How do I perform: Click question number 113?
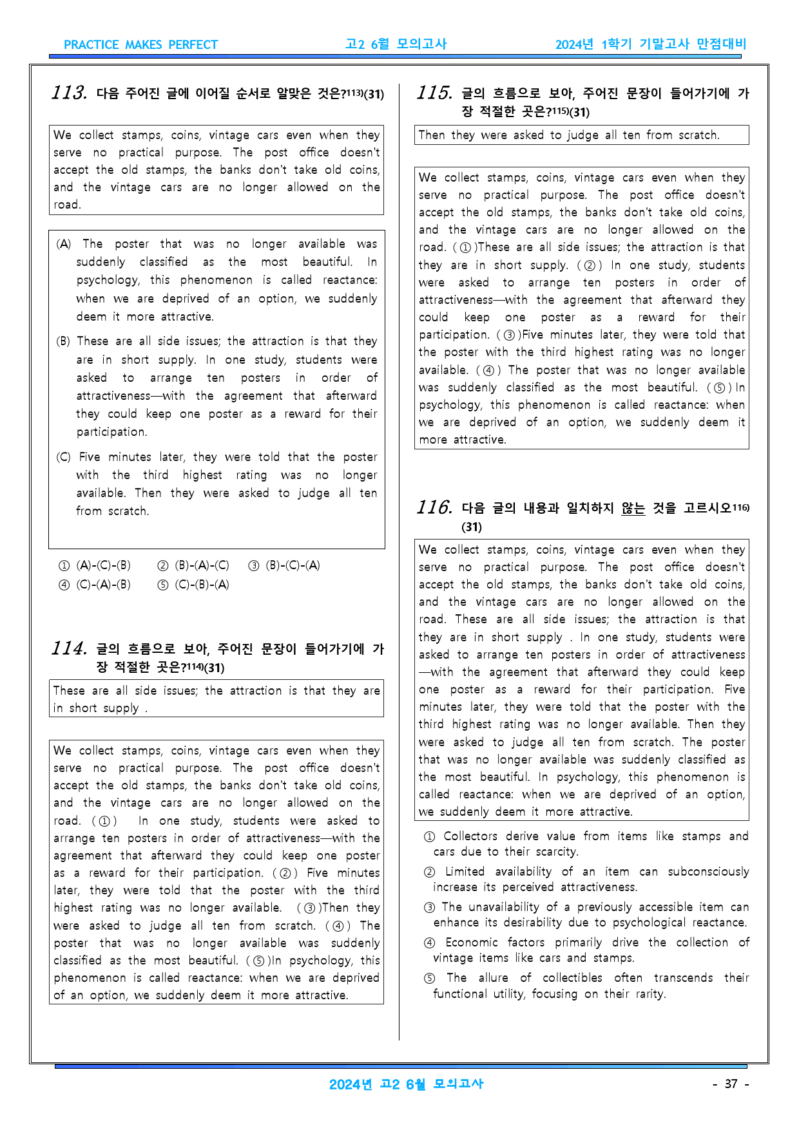pos(70,93)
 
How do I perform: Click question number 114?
pos(70,648)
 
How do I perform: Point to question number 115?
pos(435,93)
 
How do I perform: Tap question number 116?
pos(435,507)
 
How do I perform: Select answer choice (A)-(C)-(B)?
pos(95,565)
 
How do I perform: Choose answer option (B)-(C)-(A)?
pos(285,565)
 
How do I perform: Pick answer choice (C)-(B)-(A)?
pos(194,585)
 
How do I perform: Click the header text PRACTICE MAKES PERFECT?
pos(140,44)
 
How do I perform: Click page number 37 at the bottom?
pos(731,1084)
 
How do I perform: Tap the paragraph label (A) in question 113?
pos(64,244)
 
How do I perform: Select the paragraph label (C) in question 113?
pos(64,457)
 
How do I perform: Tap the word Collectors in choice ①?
pos(470,836)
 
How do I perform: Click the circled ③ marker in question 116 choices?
pos(430,907)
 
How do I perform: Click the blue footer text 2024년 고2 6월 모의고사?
pos(406,1084)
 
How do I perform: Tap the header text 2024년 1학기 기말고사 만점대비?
pos(651,44)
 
